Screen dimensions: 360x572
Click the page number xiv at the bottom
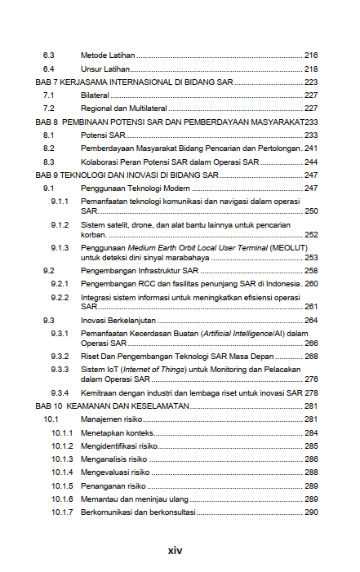174,551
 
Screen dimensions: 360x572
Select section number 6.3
48,55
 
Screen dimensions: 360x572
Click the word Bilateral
95,95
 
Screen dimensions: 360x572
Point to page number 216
310,55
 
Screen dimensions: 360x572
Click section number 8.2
48,149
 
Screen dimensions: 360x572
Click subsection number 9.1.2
59,224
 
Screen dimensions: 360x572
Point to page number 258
310,270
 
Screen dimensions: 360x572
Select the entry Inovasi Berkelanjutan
118,321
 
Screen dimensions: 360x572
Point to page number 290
310,512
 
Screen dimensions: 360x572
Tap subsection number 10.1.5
62,486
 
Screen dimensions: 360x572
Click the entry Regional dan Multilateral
122,109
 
